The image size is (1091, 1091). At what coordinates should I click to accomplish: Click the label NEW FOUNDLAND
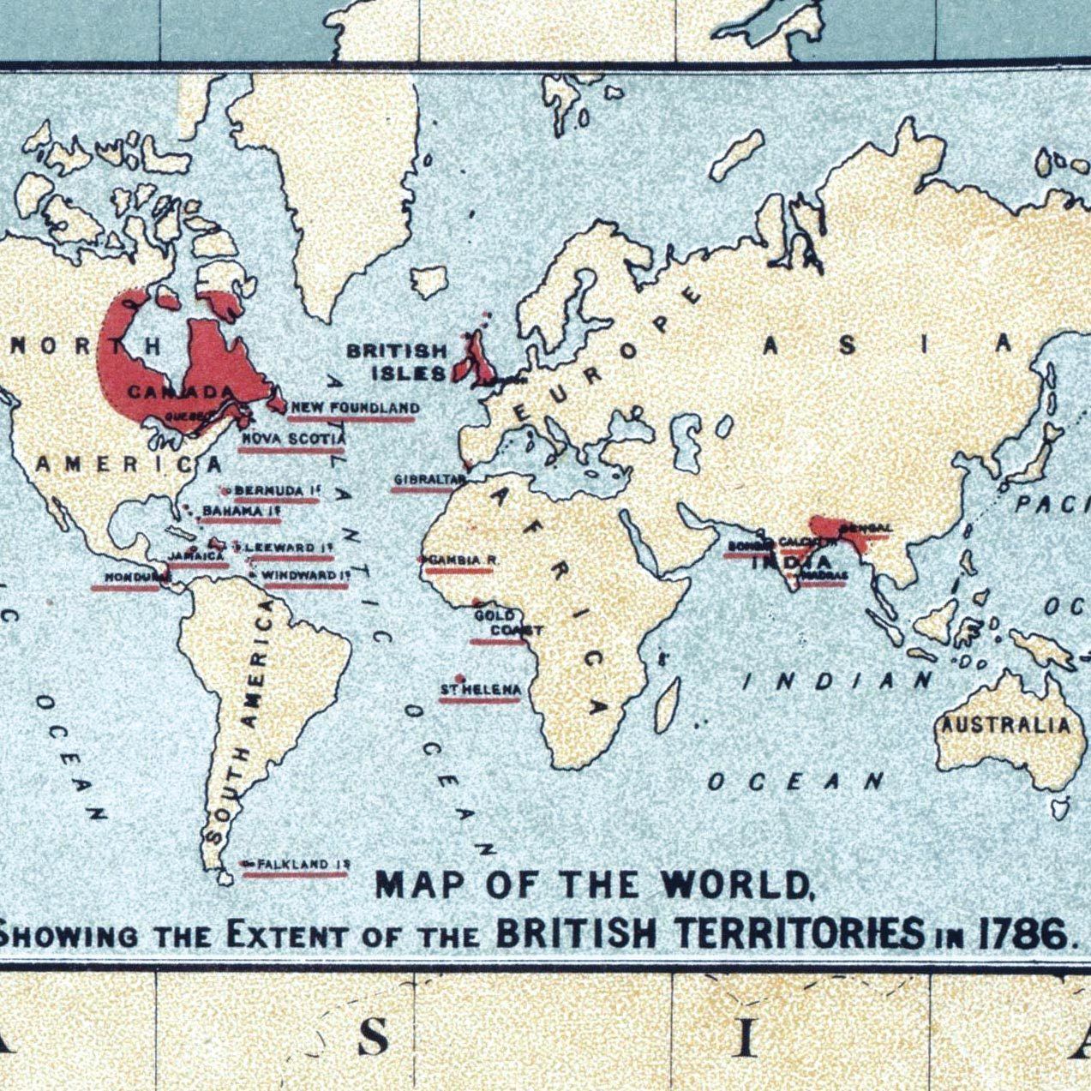tap(354, 408)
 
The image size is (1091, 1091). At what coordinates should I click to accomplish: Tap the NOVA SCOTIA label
tap(292, 439)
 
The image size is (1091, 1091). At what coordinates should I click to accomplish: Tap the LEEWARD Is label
tap(285, 547)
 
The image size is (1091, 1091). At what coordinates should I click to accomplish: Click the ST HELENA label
tap(480, 690)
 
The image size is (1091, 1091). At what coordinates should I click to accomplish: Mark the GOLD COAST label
tap(507, 623)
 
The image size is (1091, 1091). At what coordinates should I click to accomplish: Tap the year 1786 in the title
tap(1023, 932)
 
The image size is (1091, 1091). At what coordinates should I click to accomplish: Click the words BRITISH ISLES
tap(398, 363)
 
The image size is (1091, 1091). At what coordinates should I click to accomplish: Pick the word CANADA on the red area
tap(180, 393)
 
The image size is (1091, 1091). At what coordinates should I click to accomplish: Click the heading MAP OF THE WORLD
tap(593, 885)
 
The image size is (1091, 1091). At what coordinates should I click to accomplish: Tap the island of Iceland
tap(429, 281)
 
